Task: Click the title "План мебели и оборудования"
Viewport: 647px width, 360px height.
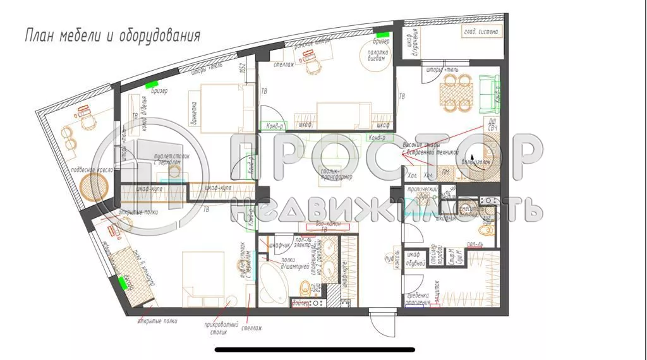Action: pyautogui.click(x=112, y=35)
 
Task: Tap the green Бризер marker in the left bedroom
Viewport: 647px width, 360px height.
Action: pyautogui.click(x=151, y=84)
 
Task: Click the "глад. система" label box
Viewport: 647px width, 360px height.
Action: pyautogui.click(x=480, y=32)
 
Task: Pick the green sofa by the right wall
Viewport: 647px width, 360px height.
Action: pyautogui.click(x=490, y=91)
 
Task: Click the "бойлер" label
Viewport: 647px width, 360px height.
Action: pyautogui.click(x=301, y=303)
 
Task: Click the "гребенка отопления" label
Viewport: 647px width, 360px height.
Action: pyautogui.click(x=418, y=298)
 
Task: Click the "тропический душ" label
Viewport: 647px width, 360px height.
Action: pyautogui.click(x=422, y=192)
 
